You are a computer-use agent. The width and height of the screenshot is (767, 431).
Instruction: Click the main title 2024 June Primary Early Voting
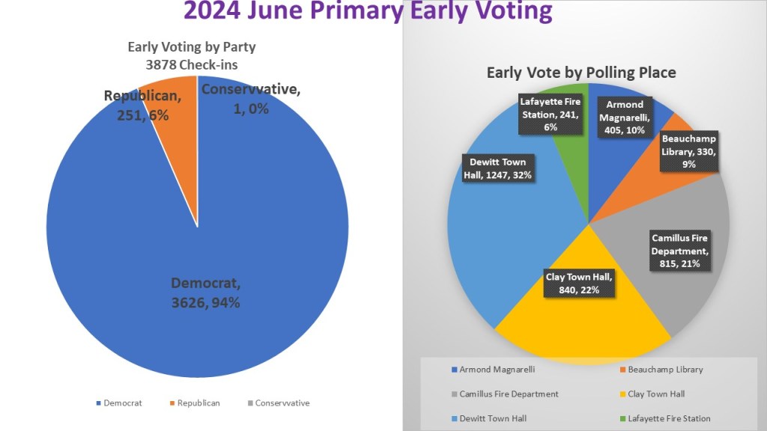(x=368, y=12)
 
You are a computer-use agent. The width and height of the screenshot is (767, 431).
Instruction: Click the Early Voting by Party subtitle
(x=192, y=55)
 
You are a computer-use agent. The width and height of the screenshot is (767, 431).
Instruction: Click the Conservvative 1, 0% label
(x=250, y=99)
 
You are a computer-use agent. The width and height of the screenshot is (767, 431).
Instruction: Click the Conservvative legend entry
(x=278, y=403)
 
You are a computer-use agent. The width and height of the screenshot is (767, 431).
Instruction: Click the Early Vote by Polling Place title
(x=581, y=73)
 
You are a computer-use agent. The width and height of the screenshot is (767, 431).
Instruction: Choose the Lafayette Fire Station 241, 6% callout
(x=551, y=114)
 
